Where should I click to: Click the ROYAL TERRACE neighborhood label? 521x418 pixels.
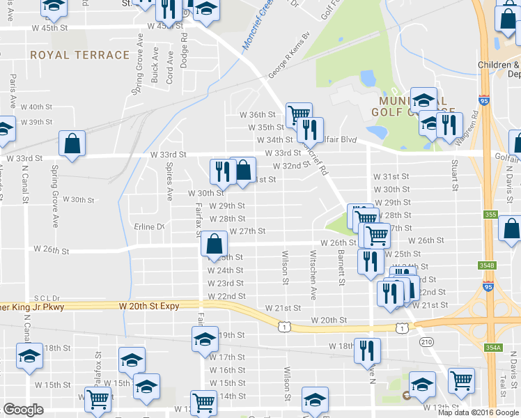(79, 54)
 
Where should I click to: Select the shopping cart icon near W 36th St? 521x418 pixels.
(299, 114)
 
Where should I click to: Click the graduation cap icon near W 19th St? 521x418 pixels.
(204, 339)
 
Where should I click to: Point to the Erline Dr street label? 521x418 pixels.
(149, 227)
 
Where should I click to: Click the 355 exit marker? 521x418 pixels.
(490, 215)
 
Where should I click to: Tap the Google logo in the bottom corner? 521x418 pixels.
(23, 410)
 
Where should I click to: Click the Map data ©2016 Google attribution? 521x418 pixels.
(478, 412)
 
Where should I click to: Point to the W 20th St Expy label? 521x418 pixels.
(149, 306)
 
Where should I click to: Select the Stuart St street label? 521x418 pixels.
(454, 175)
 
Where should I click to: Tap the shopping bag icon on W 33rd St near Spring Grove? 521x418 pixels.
(72, 143)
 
